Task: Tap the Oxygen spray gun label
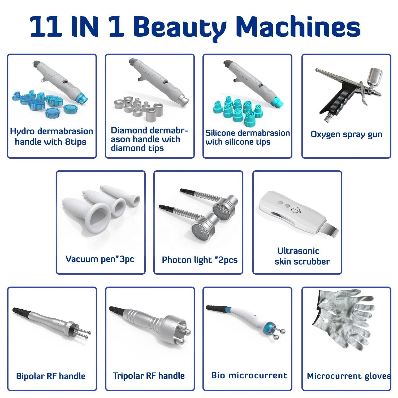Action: (x=346, y=134)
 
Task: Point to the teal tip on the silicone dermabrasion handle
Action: (x=277, y=102)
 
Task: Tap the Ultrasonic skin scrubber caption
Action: (x=302, y=256)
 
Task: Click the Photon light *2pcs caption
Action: (x=200, y=260)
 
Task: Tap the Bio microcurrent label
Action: (x=249, y=375)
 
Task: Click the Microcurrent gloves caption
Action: (x=348, y=376)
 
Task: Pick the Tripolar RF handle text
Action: (x=149, y=376)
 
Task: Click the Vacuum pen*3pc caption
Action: (x=100, y=259)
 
